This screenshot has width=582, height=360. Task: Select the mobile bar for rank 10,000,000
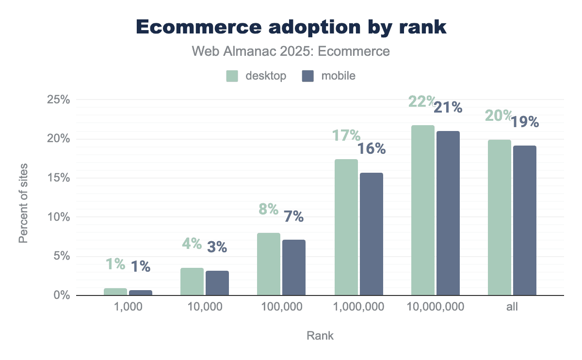(448, 213)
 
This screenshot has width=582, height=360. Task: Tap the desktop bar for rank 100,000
(269, 264)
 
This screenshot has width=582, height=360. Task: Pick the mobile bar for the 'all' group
(525, 220)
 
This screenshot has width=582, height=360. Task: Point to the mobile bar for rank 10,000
(217, 283)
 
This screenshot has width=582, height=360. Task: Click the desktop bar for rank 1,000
(115, 292)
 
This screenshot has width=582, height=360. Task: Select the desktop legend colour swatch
(232, 76)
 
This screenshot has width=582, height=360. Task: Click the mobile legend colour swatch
(308, 76)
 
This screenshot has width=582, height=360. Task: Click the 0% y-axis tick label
(61, 295)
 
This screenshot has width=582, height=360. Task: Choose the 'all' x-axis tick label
(512, 307)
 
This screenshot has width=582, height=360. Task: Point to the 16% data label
(372, 148)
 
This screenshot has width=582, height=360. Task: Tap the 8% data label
(268, 209)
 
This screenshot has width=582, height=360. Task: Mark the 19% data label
(525, 122)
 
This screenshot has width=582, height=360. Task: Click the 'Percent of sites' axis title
(23, 204)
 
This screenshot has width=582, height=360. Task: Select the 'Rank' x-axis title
(320, 335)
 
